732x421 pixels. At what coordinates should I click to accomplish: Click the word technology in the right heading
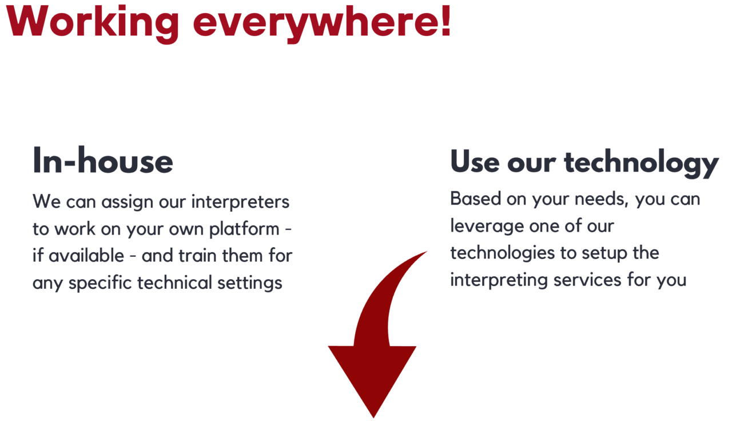tap(641, 162)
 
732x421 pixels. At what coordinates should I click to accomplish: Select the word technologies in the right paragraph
tap(506, 253)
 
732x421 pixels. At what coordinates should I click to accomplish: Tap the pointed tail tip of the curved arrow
tap(425, 252)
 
